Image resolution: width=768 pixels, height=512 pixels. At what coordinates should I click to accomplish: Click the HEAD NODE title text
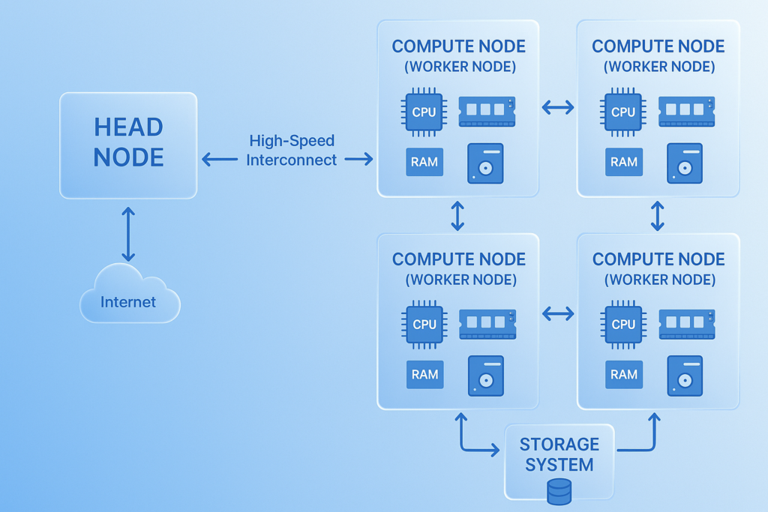[128, 142]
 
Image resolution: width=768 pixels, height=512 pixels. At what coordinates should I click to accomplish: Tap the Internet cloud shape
[129, 299]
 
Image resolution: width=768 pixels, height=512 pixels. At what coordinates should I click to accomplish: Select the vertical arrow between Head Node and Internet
[128, 234]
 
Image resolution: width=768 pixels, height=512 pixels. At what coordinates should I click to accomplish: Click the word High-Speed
[292, 141]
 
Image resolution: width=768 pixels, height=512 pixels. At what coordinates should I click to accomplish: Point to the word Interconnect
[291, 160]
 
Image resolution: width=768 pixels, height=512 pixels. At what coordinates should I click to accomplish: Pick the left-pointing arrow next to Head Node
[219, 159]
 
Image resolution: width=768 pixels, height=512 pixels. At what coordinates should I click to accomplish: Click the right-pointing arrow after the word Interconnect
[358, 159]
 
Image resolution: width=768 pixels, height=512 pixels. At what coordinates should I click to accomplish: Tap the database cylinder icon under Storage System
[559, 492]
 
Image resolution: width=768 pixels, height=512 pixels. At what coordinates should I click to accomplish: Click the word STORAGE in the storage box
[559, 445]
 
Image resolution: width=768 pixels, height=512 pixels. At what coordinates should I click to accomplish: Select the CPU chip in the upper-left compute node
[424, 112]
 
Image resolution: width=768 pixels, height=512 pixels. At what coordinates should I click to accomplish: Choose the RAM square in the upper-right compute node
[624, 162]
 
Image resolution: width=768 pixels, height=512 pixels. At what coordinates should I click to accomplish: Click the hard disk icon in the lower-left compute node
[485, 376]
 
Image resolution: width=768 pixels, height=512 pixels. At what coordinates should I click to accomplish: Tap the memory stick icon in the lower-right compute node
[686, 324]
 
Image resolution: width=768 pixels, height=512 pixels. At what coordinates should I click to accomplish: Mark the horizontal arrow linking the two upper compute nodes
[557, 108]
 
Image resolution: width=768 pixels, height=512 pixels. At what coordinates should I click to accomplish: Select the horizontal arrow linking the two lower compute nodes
[557, 314]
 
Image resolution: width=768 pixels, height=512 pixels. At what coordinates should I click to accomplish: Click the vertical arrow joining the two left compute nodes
[457, 216]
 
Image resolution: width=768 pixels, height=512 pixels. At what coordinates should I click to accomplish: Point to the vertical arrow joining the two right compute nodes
[658, 216]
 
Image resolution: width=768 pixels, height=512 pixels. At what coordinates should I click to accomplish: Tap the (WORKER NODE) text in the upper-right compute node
[658, 67]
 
